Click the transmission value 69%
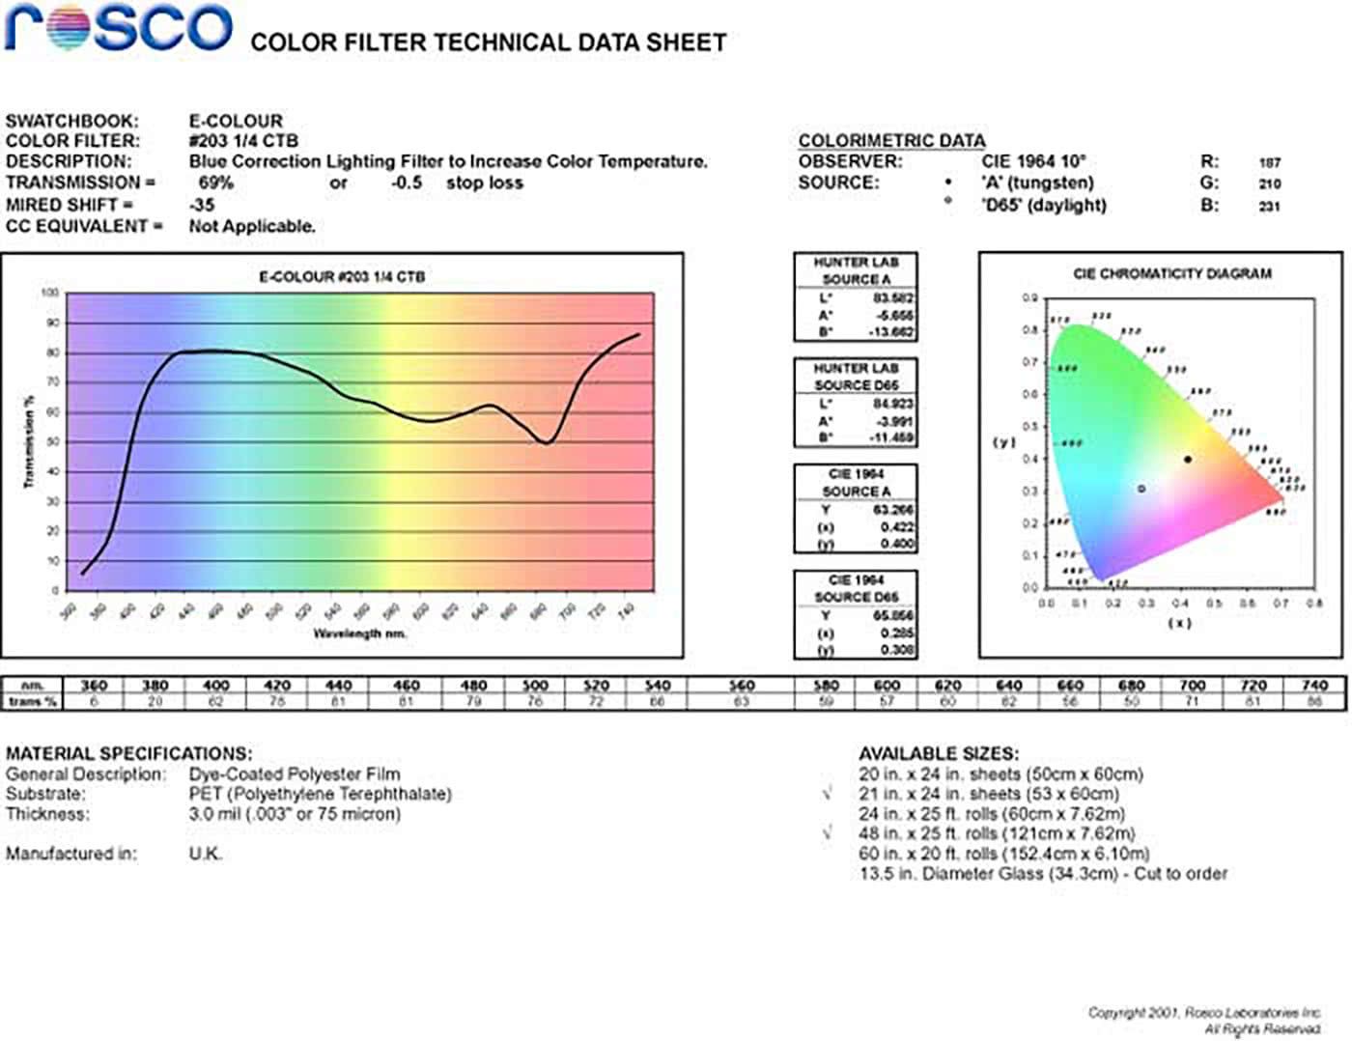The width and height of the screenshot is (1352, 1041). coord(215,183)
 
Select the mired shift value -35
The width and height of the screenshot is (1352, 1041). coord(202,205)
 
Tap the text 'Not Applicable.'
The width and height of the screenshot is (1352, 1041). coord(252,227)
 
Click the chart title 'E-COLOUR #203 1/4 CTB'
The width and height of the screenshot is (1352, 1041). coord(342,277)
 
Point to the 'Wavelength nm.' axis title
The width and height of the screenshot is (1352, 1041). coord(359,633)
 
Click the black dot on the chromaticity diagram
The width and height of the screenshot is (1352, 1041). coord(1188,460)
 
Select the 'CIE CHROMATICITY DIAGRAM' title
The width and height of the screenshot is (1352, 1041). coord(1172,274)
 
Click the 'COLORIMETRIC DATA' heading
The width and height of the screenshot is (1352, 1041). coord(891,141)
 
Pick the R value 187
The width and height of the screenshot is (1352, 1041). coord(1269,163)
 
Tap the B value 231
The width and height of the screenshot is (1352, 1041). coord(1269,206)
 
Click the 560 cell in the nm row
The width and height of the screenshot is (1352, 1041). coord(741,686)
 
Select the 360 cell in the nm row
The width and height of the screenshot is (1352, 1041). coord(94,686)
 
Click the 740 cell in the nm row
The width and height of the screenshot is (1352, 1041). coord(1314,686)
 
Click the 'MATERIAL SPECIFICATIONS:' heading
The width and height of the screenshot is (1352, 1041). coord(128,753)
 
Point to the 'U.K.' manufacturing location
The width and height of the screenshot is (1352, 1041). coord(205,854)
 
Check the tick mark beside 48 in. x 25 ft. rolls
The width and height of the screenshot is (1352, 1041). coord(827,832)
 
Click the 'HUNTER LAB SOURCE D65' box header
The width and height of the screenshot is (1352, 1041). coord(856,377)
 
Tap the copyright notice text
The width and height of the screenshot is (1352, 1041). coord(1204,1020)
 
